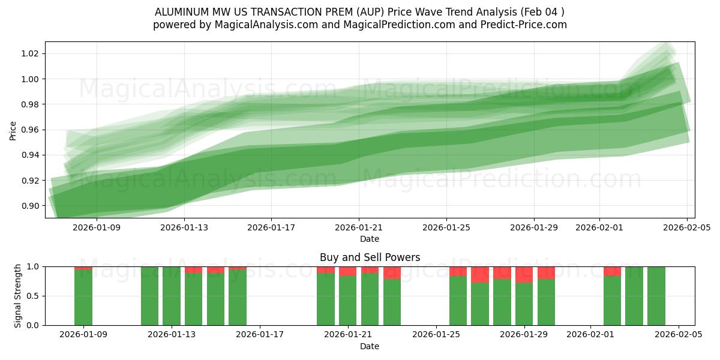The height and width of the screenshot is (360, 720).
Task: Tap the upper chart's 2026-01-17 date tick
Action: coord(271,227)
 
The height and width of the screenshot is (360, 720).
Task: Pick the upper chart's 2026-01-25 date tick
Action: coord(446,227)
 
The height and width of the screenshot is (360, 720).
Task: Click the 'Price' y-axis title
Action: coord(13,130)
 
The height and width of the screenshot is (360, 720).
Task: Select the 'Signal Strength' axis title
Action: coord(18,296)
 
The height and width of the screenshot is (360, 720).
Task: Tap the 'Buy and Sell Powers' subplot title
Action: coord(370,257)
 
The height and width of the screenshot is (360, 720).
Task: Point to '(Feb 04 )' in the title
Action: coord(542,12)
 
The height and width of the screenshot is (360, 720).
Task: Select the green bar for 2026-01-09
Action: coord(83,298)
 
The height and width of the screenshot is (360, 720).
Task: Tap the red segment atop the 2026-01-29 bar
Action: coord(524,274)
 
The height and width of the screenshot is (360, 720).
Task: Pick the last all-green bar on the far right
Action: coord(656,296)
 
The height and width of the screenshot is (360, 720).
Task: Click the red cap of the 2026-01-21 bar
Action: coord(347,271)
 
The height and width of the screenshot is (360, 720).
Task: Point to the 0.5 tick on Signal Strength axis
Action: coord(33,296)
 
